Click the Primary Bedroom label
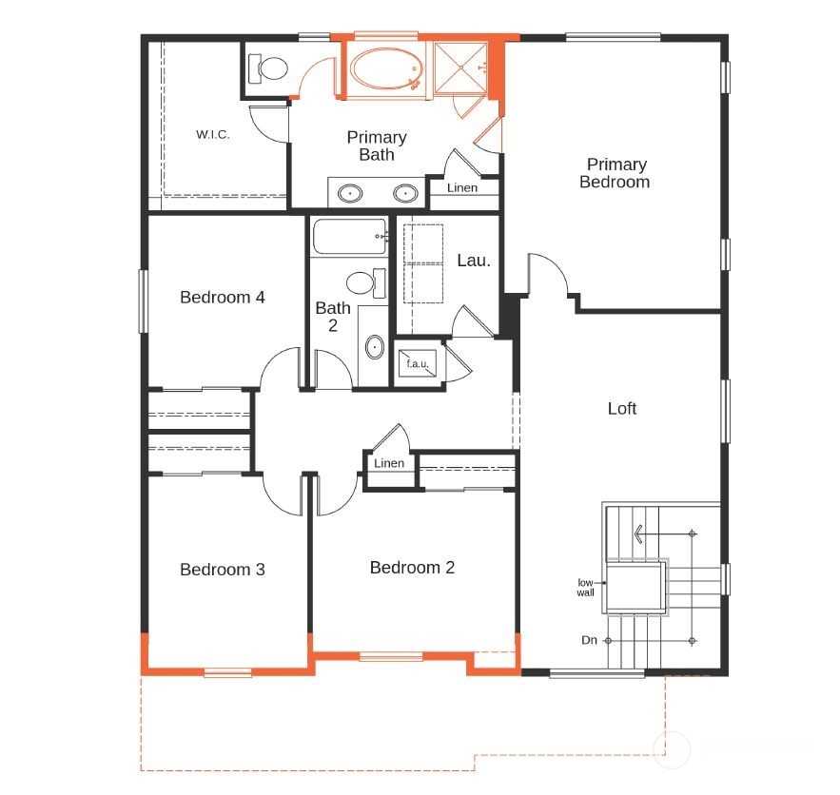(615, 173)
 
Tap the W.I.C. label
(213, 134)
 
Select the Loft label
(622, 409)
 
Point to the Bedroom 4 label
(223, 297)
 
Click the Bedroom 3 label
(223, 569)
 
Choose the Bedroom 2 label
(412, 568)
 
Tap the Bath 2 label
(333, 317)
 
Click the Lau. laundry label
(474, 261)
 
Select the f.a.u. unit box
(417, 363)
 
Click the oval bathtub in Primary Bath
(386, 68)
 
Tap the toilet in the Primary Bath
(268, 68)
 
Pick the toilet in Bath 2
(366, 282)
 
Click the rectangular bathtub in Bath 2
(349, 236)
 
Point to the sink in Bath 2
(375, 347)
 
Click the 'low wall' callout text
(586, 588)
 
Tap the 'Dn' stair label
(589, 640)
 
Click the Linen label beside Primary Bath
(462, 188)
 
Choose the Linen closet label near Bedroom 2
(389, 463)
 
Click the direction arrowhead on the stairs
(638, 533)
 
